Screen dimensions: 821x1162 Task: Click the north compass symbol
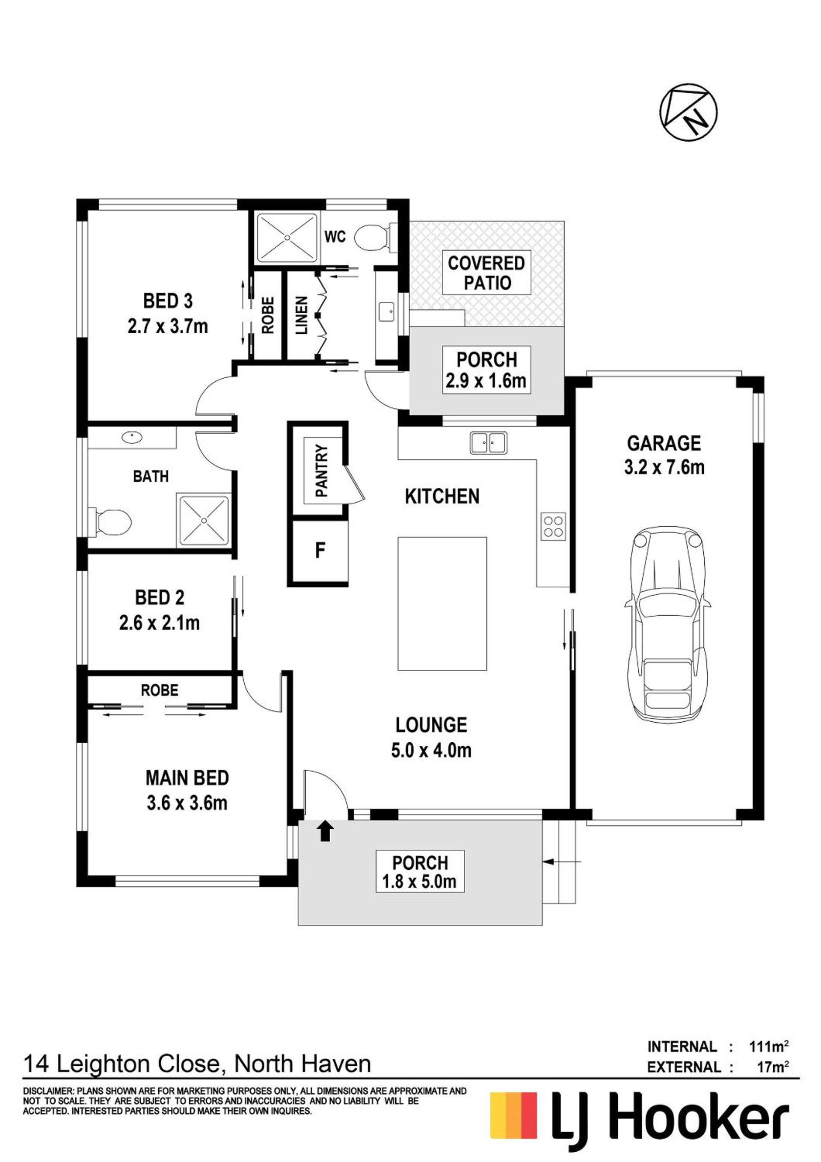[x=689, y=112]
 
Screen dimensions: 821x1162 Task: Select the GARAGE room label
[x=664, y=443]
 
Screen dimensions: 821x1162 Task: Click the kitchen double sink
[x=488, y=443]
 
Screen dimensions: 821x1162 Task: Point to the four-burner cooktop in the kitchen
[x=553, y=526]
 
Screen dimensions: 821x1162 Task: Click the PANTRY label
[x=322, y=471]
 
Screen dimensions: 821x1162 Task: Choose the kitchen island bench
[x=442, y=604]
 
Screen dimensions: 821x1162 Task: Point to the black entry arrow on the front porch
[x=325, y=831]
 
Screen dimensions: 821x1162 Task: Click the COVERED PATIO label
[x=486, y=273]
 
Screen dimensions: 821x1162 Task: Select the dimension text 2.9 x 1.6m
[x=486, y=381]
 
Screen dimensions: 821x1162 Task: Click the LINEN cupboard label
[x=302, y=315]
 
